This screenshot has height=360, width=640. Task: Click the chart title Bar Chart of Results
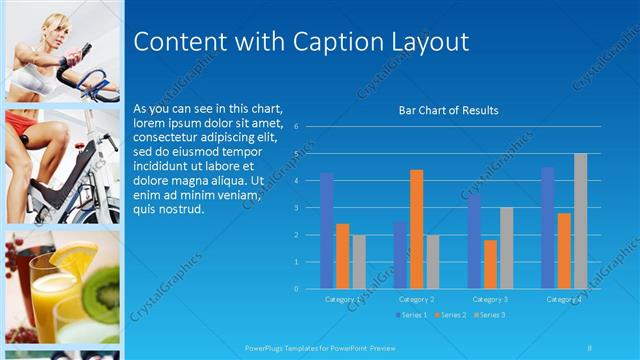coord(448,110)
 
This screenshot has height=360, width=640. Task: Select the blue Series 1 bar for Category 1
coord(326,231)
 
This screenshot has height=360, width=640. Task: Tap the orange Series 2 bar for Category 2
coord(416,229)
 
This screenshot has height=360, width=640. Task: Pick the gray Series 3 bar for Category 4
coord(580,221)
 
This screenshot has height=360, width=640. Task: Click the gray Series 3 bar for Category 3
coord(506,248)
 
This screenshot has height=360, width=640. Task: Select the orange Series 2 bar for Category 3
coord(490,264)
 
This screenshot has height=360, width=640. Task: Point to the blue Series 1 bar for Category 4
coord(548,228)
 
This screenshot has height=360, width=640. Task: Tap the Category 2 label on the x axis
coord(416,299)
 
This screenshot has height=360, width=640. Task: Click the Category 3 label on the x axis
coord(490,299)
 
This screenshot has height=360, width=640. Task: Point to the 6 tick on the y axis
coord(297,127)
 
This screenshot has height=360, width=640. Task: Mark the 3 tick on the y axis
coord(297,208)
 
